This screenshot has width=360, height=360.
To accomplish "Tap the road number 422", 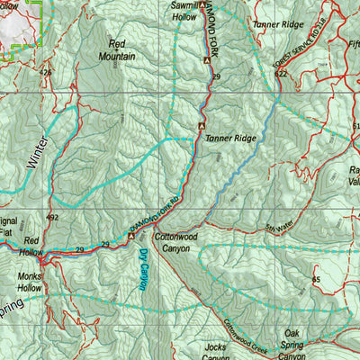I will pos(281,75).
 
